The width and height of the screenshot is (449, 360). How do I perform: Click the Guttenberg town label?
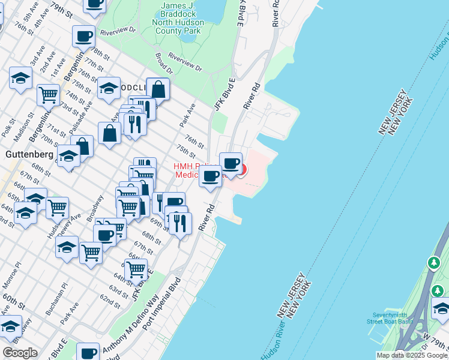[29, 154]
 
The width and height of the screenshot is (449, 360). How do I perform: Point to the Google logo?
[20, 352]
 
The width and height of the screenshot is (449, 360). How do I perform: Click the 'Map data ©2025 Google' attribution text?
[412, 355]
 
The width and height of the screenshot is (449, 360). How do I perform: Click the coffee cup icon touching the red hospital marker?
[231, 163]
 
